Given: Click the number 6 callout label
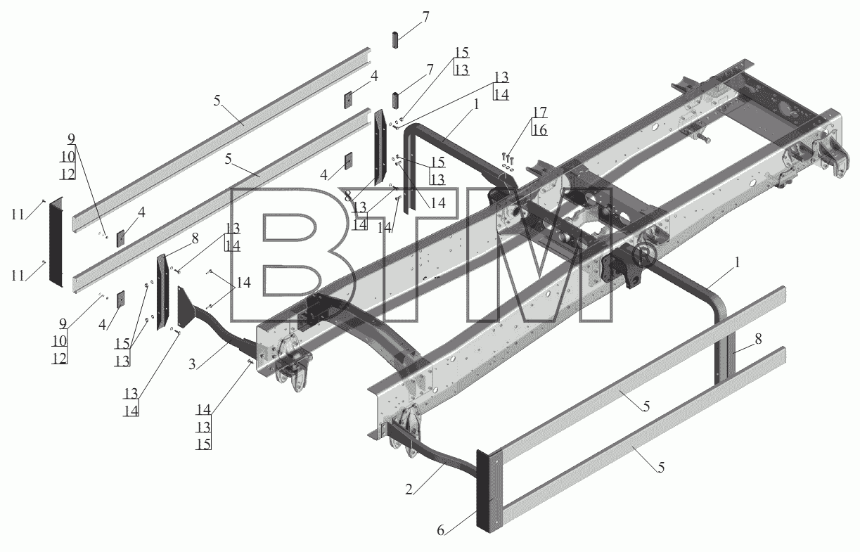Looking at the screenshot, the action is (441, 530).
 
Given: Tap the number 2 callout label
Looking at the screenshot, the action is (409, 489).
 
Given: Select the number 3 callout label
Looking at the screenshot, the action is (193, 364).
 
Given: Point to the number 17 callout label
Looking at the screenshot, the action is (539, 113).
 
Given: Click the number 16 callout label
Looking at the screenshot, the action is (539, 130).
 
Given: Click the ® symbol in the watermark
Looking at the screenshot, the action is (644, 257).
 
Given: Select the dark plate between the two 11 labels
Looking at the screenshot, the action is (56, 242).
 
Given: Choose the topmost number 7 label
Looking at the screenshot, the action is (425, 18).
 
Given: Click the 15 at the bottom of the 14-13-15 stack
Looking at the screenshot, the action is (204, 444).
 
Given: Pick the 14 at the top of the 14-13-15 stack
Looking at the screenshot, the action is (204, 409).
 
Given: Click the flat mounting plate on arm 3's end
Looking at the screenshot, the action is (183, 307).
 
